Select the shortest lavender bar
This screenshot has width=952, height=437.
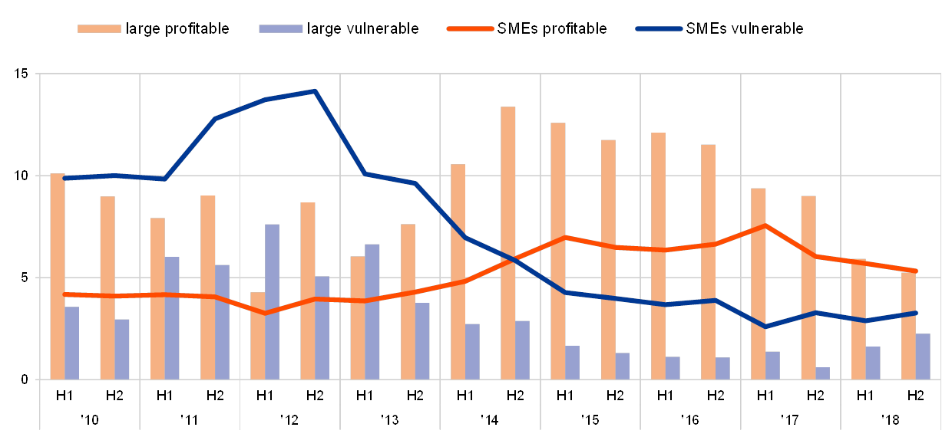tap(822, 373)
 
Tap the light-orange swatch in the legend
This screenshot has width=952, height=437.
tap(99, 29)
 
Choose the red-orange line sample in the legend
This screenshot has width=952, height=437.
tap(469, 29)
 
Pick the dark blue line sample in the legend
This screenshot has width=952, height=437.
tap(659, 29)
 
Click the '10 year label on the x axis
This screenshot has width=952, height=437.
tap(90, 420)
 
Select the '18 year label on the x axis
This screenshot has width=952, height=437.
tap(891, 420)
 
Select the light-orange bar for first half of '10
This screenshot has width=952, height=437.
tap(57, 276)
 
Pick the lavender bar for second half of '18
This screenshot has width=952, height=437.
tap(923, 356)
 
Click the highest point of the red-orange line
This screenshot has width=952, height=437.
tap(765, 225)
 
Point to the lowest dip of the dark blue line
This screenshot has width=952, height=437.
tap(765, 327)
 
